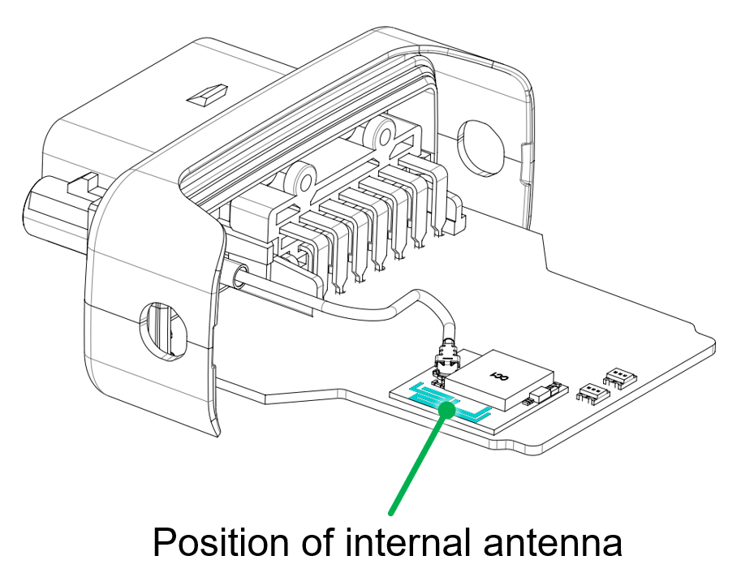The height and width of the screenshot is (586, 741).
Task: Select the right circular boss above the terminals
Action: point(380,134)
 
